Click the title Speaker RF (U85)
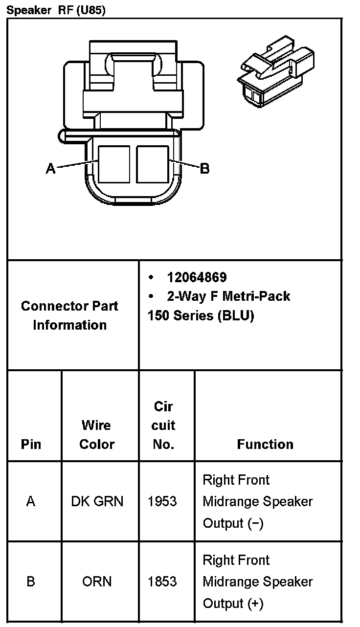[55, 10]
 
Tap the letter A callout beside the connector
[50, 169]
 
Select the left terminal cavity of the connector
[114, 164]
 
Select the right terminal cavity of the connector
[152, 164]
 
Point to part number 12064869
[197, 278]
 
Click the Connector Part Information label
[69, 315]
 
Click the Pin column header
[31, 444]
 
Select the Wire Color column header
[96, 435]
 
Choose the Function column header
[265, 444]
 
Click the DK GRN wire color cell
[97, 501]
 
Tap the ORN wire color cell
[97, 582]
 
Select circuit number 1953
[162, 501]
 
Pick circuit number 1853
[162, 582]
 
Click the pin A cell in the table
[31, 501]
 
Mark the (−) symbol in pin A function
[255, 523]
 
